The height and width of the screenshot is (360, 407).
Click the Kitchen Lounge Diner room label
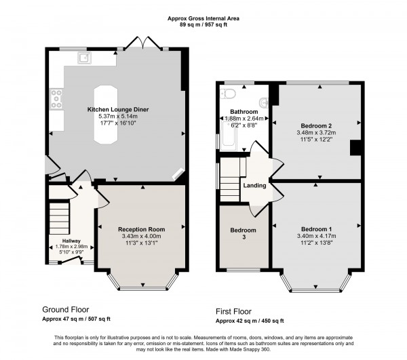(x=118, y=109)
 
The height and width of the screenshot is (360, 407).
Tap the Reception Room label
(x=142, y=229)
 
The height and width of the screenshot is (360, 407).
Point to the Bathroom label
(x=244, y=111)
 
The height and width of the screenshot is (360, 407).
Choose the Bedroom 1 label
(x=316, y=228)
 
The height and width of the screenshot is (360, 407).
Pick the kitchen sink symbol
(x=85, y=58)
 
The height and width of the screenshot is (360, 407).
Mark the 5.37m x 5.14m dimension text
(x=118, y=116)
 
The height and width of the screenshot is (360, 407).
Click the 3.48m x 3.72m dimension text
(x=315, y=133)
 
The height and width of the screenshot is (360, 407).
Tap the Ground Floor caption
(x=65, y=308)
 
